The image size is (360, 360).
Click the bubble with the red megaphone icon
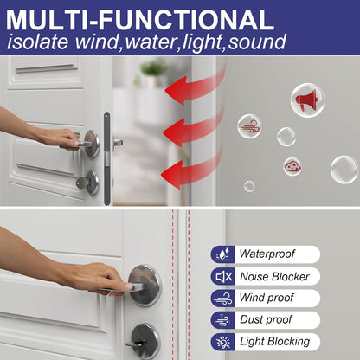click(x=307, y=100)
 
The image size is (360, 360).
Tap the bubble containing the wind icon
click(x=249, y=126)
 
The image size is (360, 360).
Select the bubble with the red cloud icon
click(x=292, y=166)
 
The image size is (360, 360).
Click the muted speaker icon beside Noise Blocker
click(x=223, y=276)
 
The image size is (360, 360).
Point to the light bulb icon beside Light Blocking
click(x=223, y=342)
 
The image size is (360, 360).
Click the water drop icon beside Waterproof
click(x=223, y=254)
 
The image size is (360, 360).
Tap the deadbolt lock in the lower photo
click(x=144, y=339)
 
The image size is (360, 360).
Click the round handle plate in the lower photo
click(x=145, y=286)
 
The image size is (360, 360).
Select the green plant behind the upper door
click(x=154, y=68)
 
